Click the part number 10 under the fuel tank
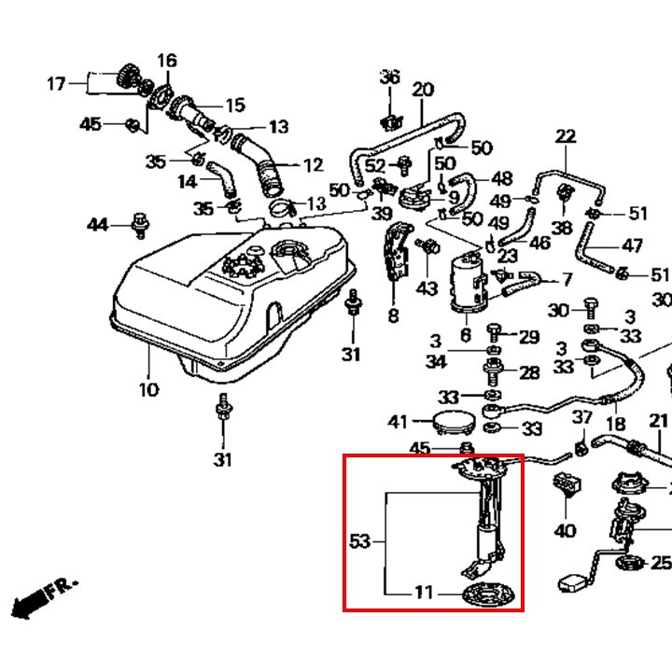(x=148, y=388)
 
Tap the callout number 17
(x=56, y=84)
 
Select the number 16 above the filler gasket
(x=166, y=62)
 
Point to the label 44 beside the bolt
(x=98, y=225)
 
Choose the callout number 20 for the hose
(x=423, y=90)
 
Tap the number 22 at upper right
(x=566, y=136)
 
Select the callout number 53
(x=360, y=541)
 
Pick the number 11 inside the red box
(x=425, y=592)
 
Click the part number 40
(x=565, y=531)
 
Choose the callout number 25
(x=661, y=563)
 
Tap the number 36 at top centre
(x=389, y=77)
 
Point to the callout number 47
(x=632, y=246)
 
